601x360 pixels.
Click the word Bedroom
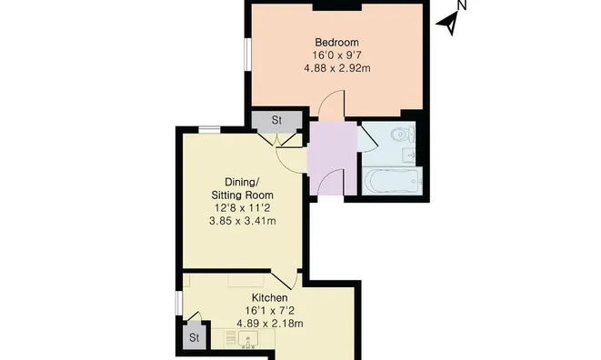337,42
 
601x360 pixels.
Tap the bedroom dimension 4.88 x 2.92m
337,68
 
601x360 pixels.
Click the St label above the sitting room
276,120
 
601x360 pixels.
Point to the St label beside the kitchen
195,337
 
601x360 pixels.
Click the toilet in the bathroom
403,135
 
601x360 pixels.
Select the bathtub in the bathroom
392,181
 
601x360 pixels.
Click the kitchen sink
248,339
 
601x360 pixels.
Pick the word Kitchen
269,297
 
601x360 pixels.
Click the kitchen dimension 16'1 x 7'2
270,311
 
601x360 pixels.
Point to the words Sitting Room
242,195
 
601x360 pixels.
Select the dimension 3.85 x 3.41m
242,221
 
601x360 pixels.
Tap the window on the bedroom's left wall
247,54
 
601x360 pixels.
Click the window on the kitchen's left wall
178,303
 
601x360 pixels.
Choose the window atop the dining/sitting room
209,130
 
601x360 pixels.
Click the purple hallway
332,158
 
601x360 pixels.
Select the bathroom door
367,137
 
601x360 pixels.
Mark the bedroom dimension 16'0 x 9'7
337,55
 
